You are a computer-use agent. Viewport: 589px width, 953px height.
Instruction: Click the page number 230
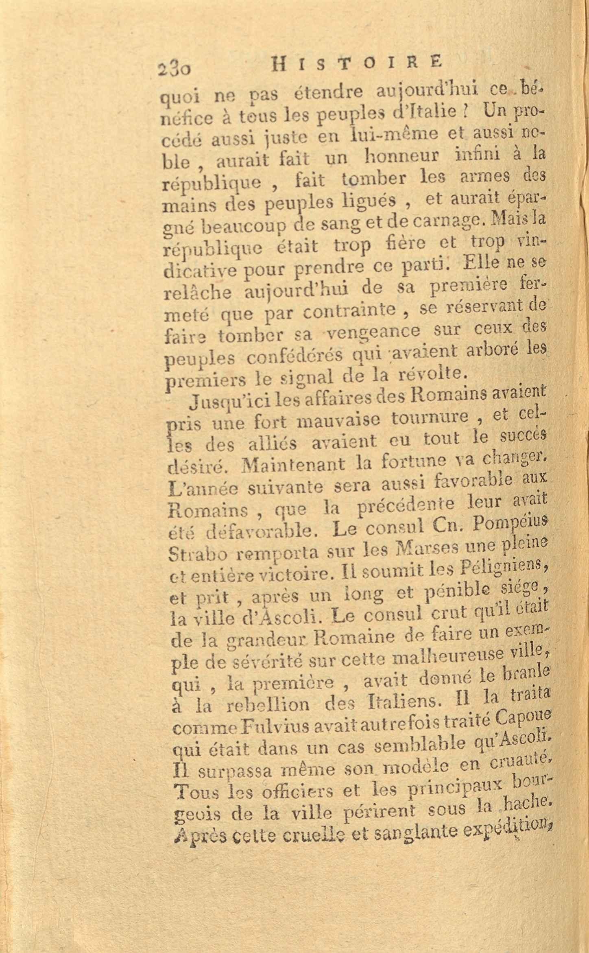(176, 66)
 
